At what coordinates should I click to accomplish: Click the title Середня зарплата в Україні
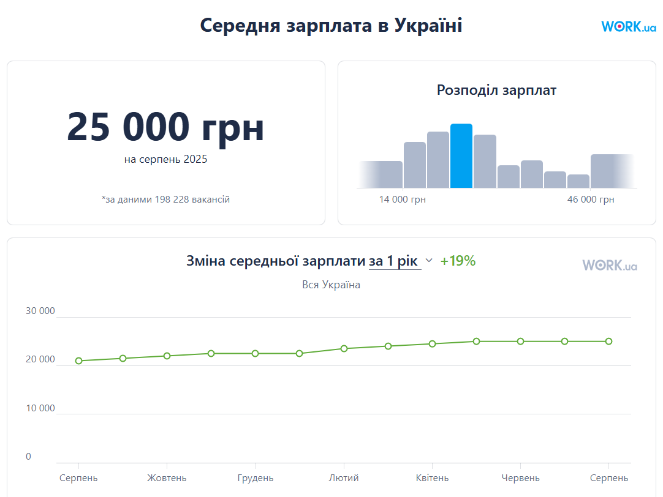click(x=331, y=26)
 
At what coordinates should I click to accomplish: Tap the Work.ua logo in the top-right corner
click(x=628, y=26)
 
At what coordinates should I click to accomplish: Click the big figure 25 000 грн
click(x=165, y=127)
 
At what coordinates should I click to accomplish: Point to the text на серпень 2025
click(x=165, y=160)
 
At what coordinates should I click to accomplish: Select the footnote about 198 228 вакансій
click(x=165, y=200)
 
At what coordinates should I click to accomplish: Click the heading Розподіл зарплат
click(x=496, y=91)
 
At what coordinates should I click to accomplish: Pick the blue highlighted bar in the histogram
click(x=461, y=156)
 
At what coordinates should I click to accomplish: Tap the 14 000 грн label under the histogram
click(x=402, y=200)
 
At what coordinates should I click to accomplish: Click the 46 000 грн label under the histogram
click(x=591, y=200)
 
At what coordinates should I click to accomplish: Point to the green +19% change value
click(x=458, y=261)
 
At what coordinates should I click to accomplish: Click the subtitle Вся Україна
click(x=331, y=285)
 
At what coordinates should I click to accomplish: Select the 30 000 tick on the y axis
click(x=40, y=311)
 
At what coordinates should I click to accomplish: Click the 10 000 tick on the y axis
click(x=40, y=408)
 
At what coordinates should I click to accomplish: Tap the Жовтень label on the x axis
click(x=167, y=478)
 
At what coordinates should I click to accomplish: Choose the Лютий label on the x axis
click(x=344, y=478)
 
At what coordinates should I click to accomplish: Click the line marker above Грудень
click(x=255, y=353)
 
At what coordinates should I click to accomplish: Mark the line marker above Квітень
click(x=432, y=343)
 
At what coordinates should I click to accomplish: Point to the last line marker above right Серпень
click(x=608, y=341)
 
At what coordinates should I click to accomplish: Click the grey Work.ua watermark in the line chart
click(x=609, y=265)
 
